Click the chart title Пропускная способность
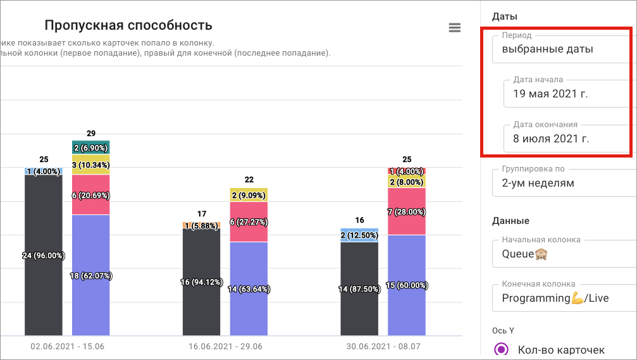128,26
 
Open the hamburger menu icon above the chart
454,27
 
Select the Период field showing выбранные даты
561,49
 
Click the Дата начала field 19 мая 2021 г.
567,94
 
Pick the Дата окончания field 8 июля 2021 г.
567,139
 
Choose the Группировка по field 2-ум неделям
561,183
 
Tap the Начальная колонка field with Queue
561,254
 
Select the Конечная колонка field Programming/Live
561,298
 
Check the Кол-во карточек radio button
502,349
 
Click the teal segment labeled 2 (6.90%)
91,147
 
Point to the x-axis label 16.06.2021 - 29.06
225,347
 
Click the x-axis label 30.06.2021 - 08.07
383,347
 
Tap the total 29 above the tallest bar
91,133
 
